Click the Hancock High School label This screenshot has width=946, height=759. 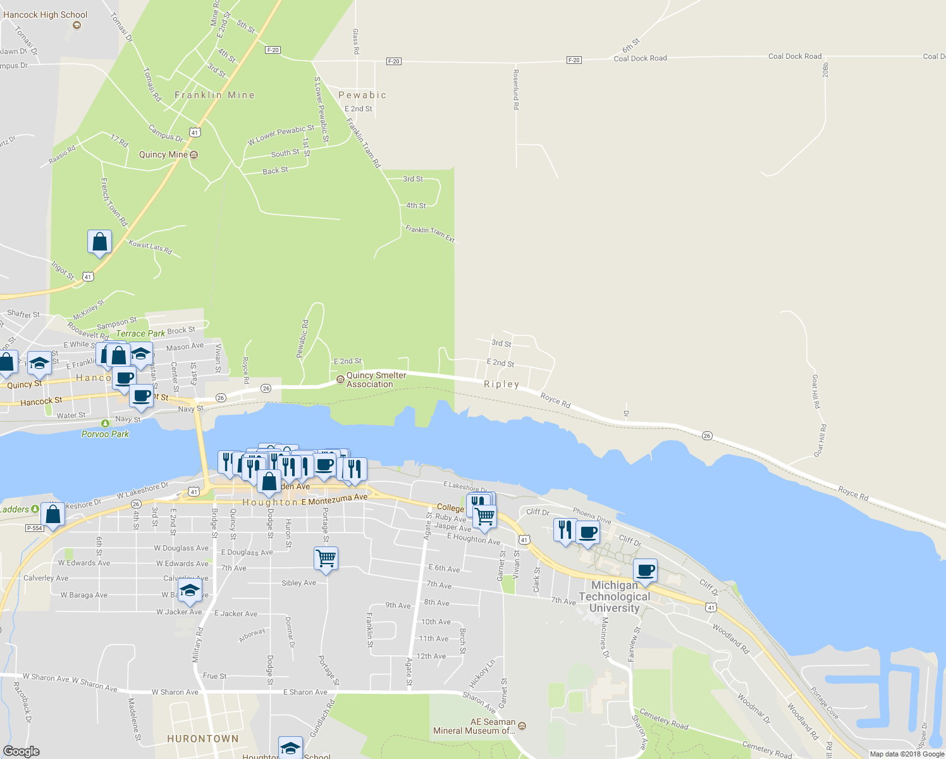(x=45, y=15)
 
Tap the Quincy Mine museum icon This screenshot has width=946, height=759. (x=194, y=154)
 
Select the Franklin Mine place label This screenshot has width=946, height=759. (x=214, y=95)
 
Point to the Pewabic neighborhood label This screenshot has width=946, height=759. (x=362, y=95)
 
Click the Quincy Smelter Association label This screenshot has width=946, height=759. (x=376, y=379)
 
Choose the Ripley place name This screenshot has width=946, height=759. (x=501, y=384)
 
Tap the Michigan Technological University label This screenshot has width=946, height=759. (x=614, y=596)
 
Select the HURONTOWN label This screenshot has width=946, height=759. (x=203, y=739)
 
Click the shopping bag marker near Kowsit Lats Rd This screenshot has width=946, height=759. (x=99, y=242)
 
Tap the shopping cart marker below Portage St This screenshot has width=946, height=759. (x=326, y=558)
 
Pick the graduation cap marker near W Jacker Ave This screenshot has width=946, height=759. (x=190, y=591)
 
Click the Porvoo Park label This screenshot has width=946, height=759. (x=105, y=434)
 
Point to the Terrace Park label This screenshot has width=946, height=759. (x=140, y=333)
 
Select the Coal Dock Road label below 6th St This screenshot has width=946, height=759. (x=640, y=58)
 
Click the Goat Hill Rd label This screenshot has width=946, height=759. (x=816, y=391)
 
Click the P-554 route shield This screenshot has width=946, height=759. (x=34, y=528)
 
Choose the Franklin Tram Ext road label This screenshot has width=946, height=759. (x=430, y=233)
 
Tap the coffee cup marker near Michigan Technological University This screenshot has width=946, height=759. (x=645, y=570)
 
